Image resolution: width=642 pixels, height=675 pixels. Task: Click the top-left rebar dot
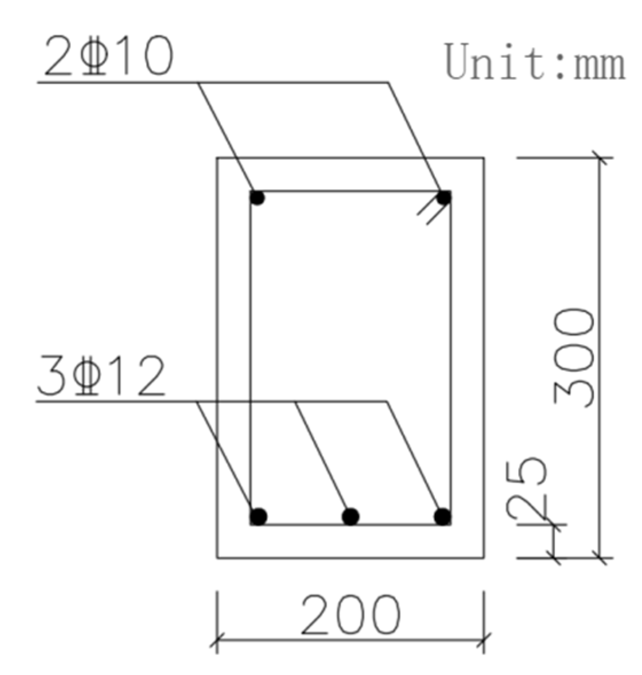[257, 198]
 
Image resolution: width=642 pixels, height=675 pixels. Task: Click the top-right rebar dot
[444, 198]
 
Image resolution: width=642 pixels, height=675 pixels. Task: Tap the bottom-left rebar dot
[259, 516]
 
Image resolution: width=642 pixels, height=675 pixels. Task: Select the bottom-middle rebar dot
[350, 516]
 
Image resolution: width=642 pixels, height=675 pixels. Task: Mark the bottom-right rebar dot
[442, 516]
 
